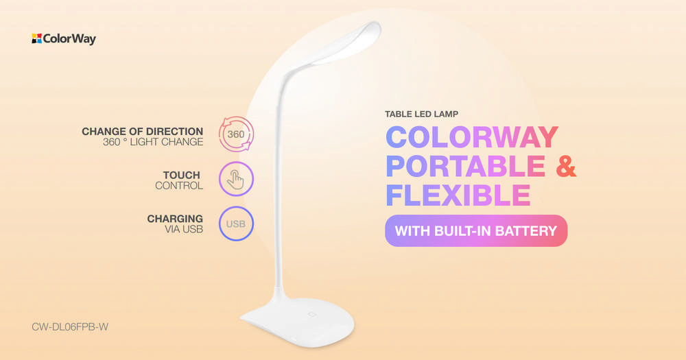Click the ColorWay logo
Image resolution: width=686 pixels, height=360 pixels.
coord(63,38)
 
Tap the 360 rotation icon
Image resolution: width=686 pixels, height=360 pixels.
coord(236,134)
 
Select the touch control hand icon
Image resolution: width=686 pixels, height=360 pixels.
coord(236,179)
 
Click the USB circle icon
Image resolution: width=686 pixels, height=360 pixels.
coord(236,224)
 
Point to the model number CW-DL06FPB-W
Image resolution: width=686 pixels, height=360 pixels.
coord(70,327)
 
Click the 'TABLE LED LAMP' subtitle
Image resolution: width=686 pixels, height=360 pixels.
coord(422,114)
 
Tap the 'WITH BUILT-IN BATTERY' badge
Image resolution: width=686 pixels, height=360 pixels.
coord(476,230)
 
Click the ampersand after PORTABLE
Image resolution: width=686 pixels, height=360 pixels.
coord(567,166)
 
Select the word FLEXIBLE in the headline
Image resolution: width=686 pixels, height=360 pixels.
coord(458,195)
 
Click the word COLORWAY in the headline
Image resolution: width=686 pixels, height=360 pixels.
coord(472,137)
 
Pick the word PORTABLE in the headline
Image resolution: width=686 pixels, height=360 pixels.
coord(466,166)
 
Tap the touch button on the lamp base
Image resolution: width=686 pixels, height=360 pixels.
coord(312,314)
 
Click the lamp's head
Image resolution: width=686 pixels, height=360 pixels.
coord(346,44)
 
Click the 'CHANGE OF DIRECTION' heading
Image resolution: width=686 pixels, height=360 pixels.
coord(143,131)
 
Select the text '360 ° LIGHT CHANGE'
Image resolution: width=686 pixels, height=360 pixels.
coord(153,142)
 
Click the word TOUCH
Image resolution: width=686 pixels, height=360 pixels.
coord(182,175)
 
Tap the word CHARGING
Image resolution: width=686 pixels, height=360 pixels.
coord(175,219)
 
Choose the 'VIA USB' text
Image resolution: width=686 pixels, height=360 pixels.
coord(184,229)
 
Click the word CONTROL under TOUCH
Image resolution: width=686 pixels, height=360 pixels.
coord(179,185)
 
